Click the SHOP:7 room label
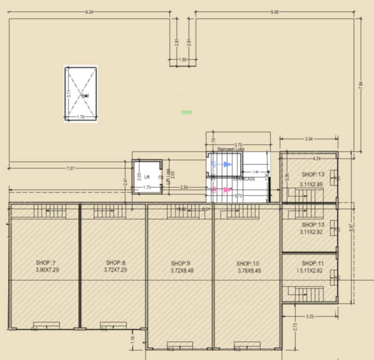pyautogui.click(x=46, y=262)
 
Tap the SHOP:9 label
pyautogui.click(x=181, y=263)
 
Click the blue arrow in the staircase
pyautogui.click(x=228, y=164)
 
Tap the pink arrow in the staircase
pyautogui.click(x=227, y=190)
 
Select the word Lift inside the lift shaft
pyautogui.click(x=147, y=177)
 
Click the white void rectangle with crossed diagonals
pyautogui.click(x=81, y=94)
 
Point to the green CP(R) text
pyautogui.click(x=187, y=112)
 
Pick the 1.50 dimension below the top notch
pyautogui.click(x=183, y=60)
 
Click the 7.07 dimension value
pyautogui.click(x=70, y=168)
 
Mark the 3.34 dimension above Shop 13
pyautogui.click(x=308, y=139)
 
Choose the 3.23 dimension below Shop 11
pyautogui.click(x=310, y=316)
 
